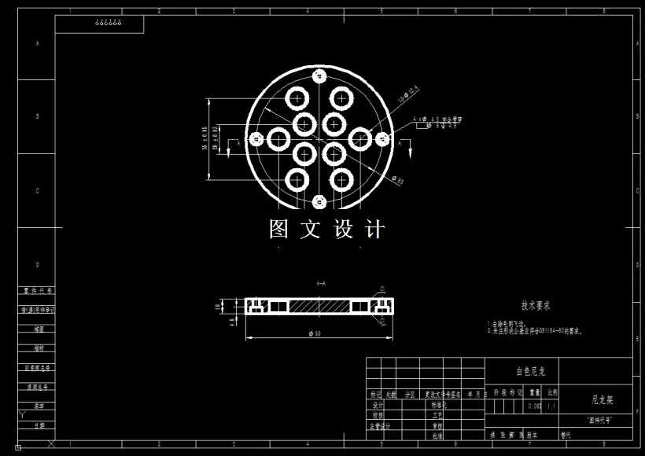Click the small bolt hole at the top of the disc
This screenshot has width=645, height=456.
tap(319, 76)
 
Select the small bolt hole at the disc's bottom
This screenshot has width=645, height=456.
tap(319, 201)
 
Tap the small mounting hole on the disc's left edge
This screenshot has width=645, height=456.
tap(256, 139)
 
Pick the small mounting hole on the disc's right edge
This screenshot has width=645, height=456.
tap(382, 139)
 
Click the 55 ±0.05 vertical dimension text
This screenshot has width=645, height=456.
tap(205, 138)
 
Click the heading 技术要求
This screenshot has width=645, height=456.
tap(536, 306)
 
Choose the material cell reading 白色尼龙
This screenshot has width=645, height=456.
tap(531, 370)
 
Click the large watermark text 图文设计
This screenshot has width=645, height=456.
tap(327, 229)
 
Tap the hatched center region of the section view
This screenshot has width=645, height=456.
tap(319, 304)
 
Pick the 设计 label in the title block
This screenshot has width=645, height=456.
tap(378, 405)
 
